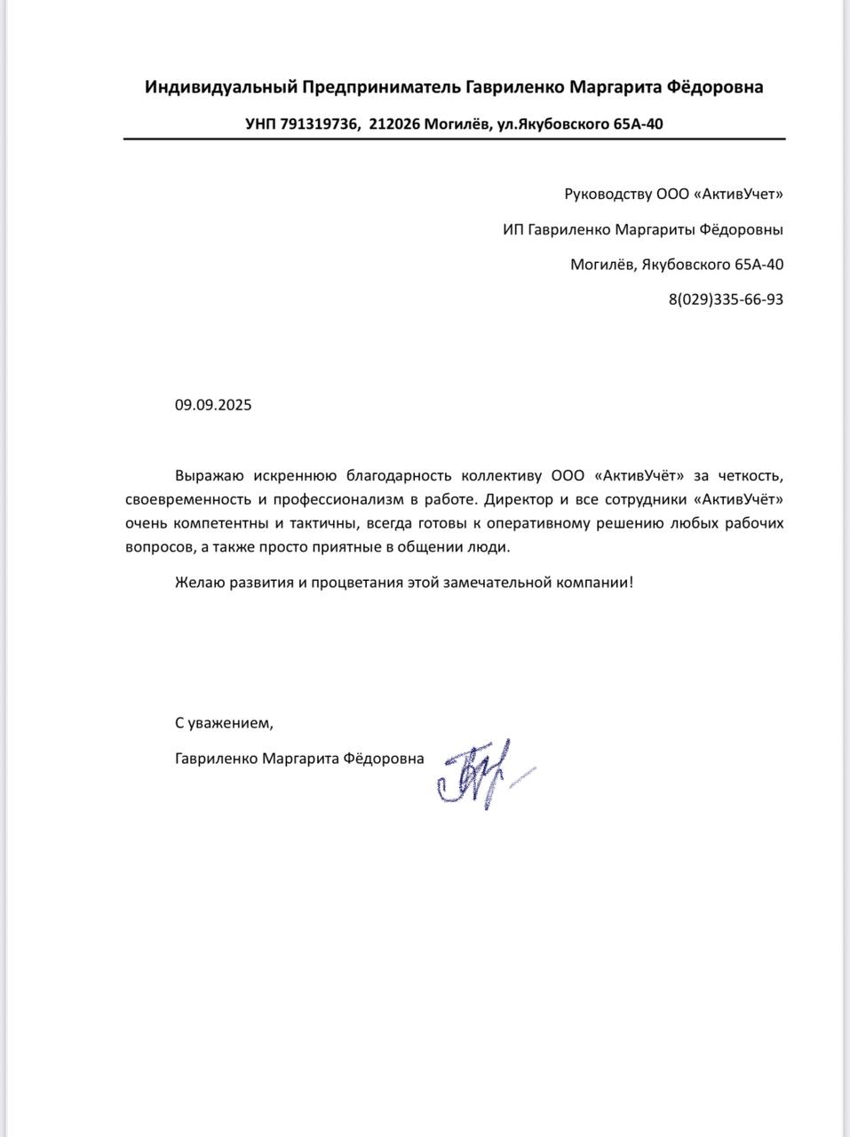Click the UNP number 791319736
pos(320,124)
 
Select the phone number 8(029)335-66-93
pos(726,299)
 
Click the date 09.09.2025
pos(213,405)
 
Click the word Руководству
pos(608,194)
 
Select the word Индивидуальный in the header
pos(221,87)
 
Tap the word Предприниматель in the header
pos(383,87)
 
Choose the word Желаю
pos(197,583)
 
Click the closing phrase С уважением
pos(220,723)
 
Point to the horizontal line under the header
pos(454,139)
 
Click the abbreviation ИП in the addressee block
pos(512,229)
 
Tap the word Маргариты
pos(652,229)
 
